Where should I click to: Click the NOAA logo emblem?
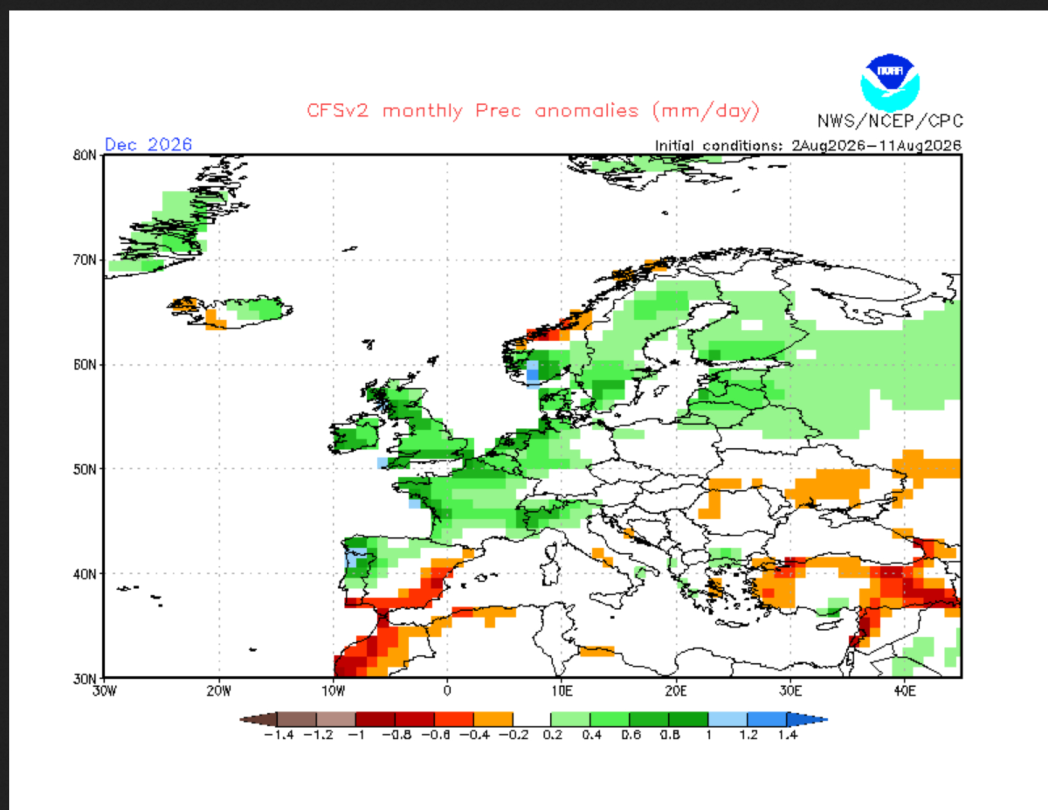[890, 82]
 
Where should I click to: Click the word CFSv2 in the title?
[337, 111]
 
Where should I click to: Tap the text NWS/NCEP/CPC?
[890, 121]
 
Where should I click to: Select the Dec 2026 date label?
[148, 144]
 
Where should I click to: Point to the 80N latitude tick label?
[85, 155]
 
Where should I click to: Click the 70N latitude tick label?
[85, 260]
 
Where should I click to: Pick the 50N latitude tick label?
[85, 469]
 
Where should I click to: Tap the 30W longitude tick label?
[104, 691]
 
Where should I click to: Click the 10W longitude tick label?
[333, 691]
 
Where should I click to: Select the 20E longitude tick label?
[676, 691]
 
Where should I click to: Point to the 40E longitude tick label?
[905, 691]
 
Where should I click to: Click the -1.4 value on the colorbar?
[279, 735]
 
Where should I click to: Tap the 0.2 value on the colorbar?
[552, 735]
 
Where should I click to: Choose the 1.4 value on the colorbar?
[788, 735]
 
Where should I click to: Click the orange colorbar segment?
[493, 719]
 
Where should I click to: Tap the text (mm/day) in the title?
[706, 111]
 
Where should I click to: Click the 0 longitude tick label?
[447, 691]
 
